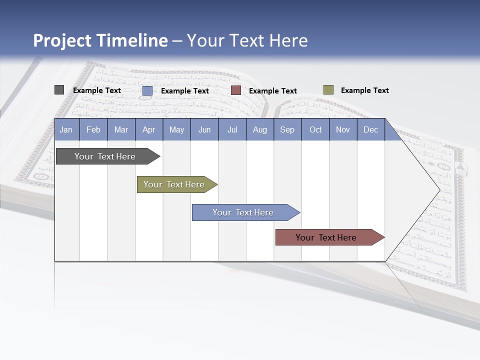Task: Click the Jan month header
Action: (x=66, y=129)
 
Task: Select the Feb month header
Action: (x=93, y=129)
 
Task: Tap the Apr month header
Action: (x=148, y=129)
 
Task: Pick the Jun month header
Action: (x=204, y=129)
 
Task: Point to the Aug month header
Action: (x=259, y=129)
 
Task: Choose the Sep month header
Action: (x=287, y=129)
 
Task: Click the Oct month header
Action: (x=315, y=129)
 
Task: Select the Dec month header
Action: (x=370, y=129)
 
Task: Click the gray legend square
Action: (x=59, y=90)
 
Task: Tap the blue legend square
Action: (x=147, y=90)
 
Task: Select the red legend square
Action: (x=236, y=90)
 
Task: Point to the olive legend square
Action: (x=328, y=90)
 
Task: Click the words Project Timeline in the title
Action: (x=100, y=40)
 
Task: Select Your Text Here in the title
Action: (x=247, y=40)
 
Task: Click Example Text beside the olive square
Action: (x=364, y=90)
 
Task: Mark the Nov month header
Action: (x=343, y=129)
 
